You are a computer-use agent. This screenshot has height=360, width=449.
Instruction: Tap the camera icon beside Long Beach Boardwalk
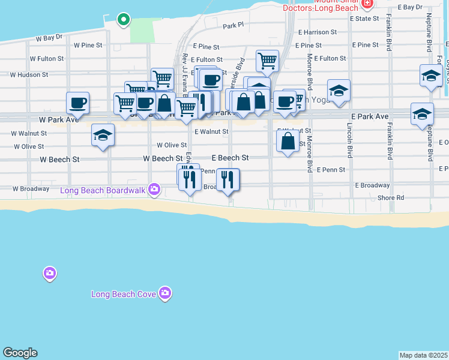click(155, 190)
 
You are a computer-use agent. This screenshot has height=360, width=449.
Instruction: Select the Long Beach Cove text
click(124, 294)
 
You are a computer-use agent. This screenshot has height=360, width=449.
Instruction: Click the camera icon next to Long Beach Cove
click(165, 293)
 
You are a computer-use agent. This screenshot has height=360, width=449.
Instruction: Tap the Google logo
click(20, 353)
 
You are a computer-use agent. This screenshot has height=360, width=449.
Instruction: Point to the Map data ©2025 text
click(423, 355)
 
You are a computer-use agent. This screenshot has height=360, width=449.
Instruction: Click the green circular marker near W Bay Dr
click(124, 19)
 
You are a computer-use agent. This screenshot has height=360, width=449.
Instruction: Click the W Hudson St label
click(29, 75)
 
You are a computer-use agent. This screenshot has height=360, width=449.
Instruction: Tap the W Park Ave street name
click(60, 119)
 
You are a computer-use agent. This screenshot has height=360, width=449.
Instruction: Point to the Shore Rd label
click(391, 198)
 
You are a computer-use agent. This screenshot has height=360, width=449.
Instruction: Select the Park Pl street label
click(234, 26)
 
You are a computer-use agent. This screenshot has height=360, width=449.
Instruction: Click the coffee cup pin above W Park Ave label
click(77, 103)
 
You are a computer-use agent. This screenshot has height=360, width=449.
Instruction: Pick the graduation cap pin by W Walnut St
click(103, 134)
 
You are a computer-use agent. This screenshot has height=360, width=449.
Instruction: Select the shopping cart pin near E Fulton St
click(267, 60)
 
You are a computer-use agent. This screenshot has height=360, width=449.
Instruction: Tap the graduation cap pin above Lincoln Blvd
click(339, 90)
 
